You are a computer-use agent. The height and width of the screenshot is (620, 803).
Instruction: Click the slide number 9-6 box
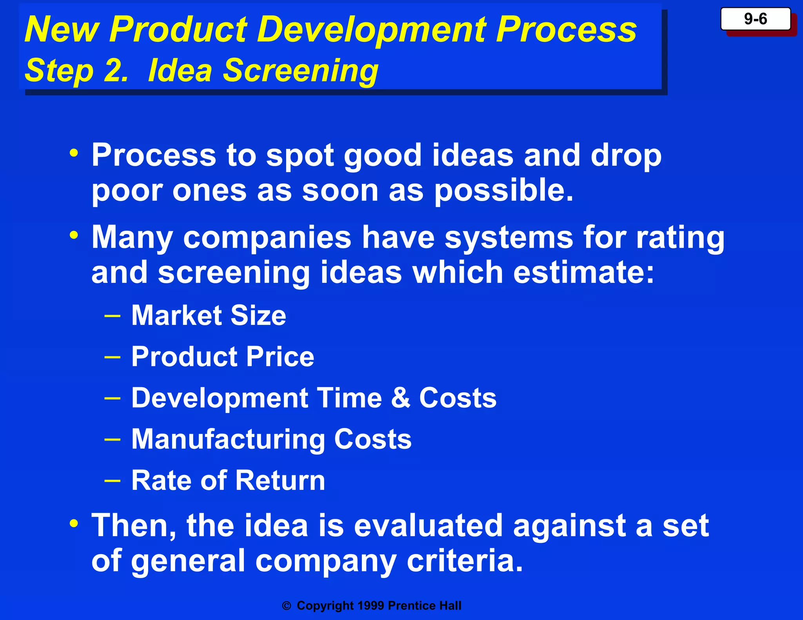pyautogui.click(x=755, y=19)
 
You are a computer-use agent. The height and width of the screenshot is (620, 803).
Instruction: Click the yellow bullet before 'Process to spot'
pyautogui.click(x=74, y=153)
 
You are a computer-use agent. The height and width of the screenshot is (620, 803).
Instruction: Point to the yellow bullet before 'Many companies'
pyautogui.click(x=74, y=236)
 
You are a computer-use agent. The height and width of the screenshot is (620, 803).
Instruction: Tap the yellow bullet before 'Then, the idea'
pyautogui.click(x=74, y=524)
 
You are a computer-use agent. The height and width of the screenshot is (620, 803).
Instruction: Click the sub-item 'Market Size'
pyautogui.click(x=209, y=315)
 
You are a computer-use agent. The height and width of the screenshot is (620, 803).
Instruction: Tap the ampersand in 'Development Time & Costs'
pyautogui.click(x=400, y=398)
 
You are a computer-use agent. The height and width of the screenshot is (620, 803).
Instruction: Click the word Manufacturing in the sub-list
pyautogui.click(x=228, y=439)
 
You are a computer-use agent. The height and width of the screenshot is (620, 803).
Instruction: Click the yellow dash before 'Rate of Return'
pyautogui.click(x=113, y=480)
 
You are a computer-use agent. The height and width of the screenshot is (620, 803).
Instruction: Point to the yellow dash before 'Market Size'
pyautogui.click(x=113, y=315)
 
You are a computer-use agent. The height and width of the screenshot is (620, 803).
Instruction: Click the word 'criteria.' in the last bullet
pyautogui.click(x=465, y=560)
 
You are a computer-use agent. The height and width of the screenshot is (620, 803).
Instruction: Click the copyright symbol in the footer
pyautogui.click(x=287, y=606)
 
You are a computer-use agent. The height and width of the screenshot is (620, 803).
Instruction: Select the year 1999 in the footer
pyautogui.click(x=371, y=605)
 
